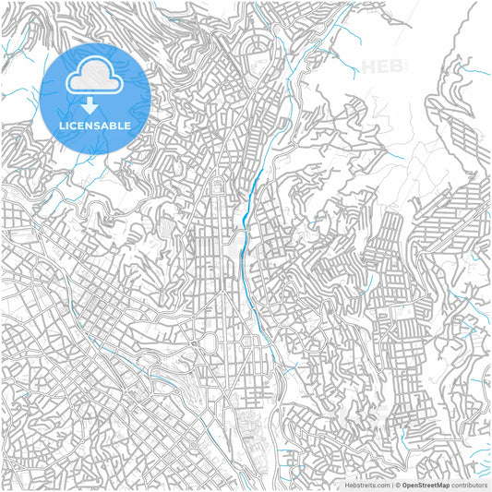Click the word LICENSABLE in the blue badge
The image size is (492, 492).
coord(94,125)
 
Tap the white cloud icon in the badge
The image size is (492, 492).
coord(94,77)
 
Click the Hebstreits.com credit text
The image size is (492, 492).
coord(367,485)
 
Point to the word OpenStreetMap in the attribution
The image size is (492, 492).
coord(426,485)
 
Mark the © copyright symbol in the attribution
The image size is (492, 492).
coord(398,485)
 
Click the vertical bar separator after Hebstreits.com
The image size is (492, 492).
coord(391,485)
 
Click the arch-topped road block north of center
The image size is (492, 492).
coord(218,189)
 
